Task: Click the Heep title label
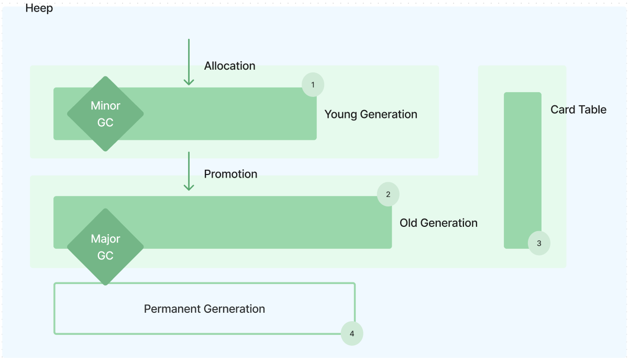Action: (x=39, y=8)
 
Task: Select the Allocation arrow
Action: (x=189, y=62)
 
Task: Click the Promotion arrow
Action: (x=189, y=171)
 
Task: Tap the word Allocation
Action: (x=230, y=66)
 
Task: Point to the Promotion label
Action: (x=230, y=174)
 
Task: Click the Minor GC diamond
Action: (x=105, y=114)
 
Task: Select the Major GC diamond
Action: (x=105, y=247)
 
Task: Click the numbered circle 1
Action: (x=313, y=84)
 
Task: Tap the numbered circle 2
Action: (x=388, y=194)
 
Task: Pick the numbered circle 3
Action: (x=539, y=243)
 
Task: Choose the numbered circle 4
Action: (x=352, y=333)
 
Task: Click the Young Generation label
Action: (x=371, y=114)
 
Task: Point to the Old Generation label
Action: (x=438, y=223)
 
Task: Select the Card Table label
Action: (x=578, y=110)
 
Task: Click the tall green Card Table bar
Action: (x=523, y=170)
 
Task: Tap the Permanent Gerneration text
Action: (x=204, y=309)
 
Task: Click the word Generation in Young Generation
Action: (x=389, y=114)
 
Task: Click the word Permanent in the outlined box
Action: (x=172, y=309)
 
